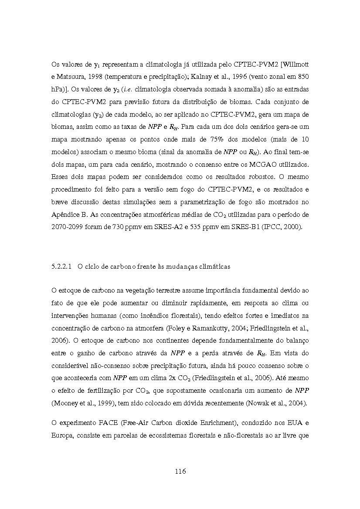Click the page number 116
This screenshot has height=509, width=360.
click(x=180, y=471)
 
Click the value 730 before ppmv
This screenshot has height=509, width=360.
click(x=127, y=227)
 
